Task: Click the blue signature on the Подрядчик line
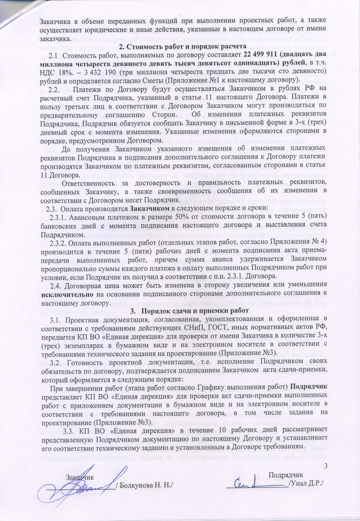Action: click(252, 482)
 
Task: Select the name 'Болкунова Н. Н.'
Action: click(147, 485)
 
